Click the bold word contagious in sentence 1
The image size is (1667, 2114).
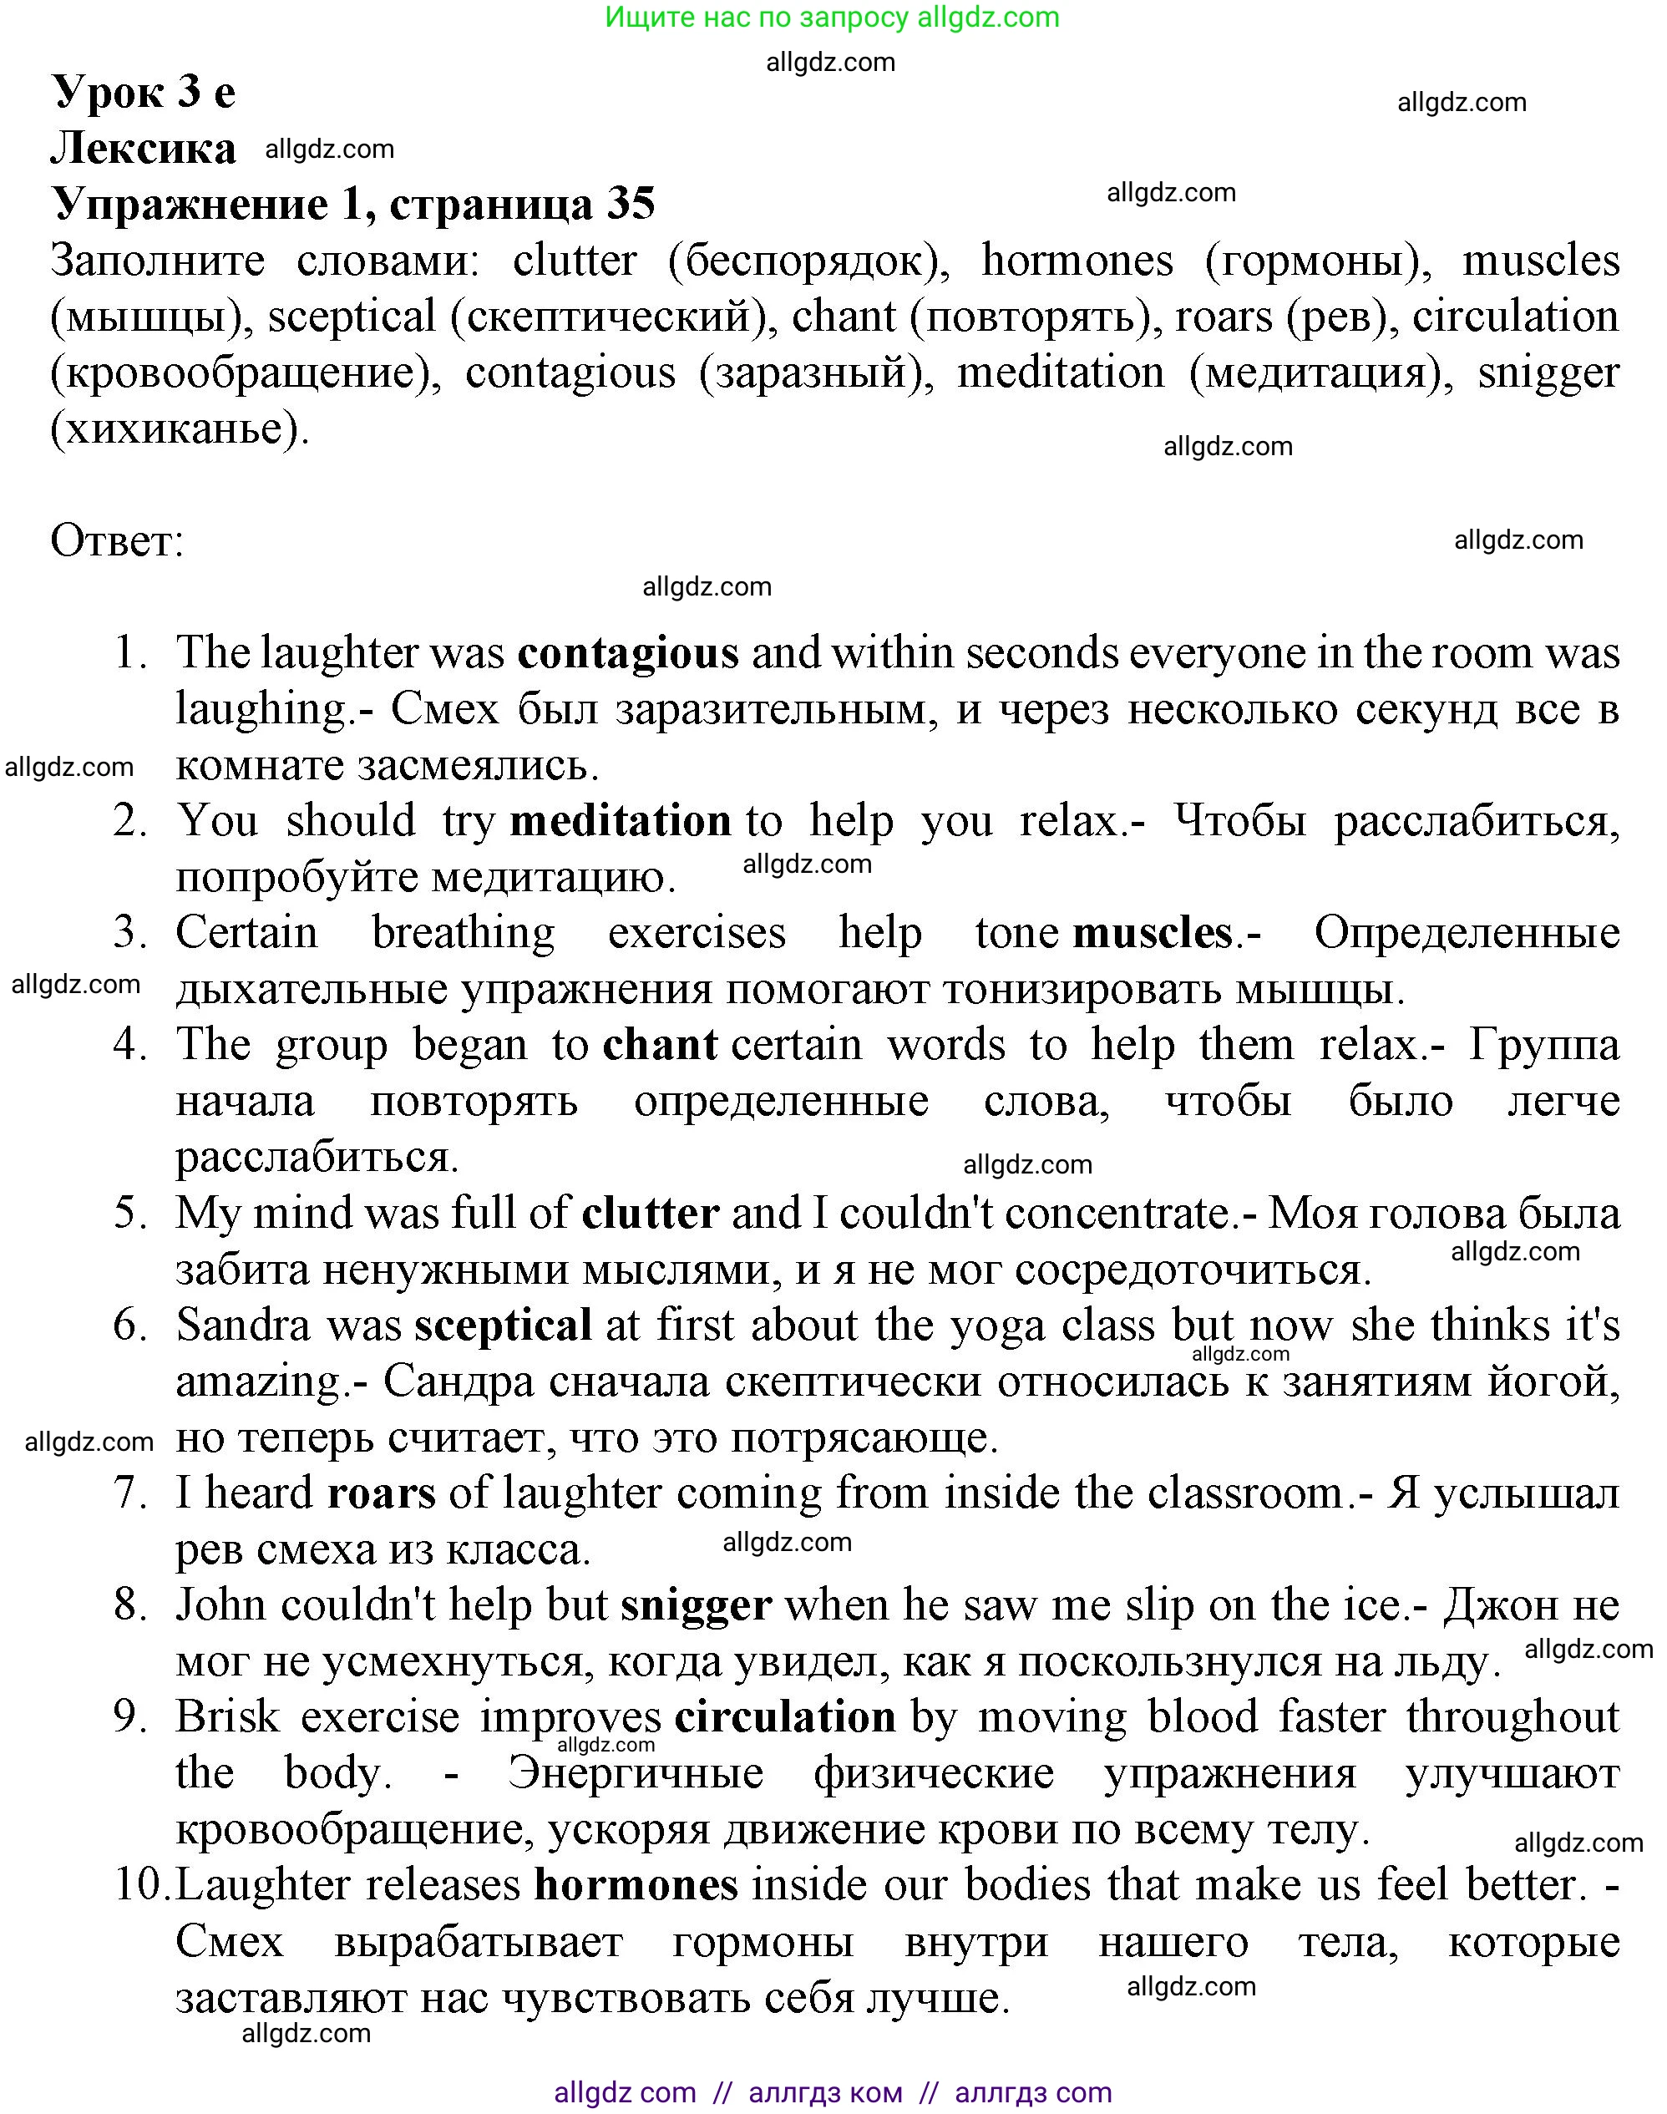point(627,654)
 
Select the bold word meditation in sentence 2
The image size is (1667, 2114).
point(621,821)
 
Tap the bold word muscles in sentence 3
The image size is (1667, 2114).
point(1152,933)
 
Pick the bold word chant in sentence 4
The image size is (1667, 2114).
point(660,1045)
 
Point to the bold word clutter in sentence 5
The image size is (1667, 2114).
point(650,1213)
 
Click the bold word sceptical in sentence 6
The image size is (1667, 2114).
point(503,1326)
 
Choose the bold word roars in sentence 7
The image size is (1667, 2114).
point(382,1493)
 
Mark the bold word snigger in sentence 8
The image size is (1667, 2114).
point(696,1605)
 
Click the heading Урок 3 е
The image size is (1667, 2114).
point(144,92)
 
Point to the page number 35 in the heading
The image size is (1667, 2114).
point(631,204)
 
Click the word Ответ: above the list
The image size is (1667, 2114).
point(117,540)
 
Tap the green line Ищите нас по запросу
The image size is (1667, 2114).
point(832,17)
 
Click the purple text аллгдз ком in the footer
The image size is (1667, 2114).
point(824,2091)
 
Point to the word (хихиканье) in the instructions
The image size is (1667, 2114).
point(179,428)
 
